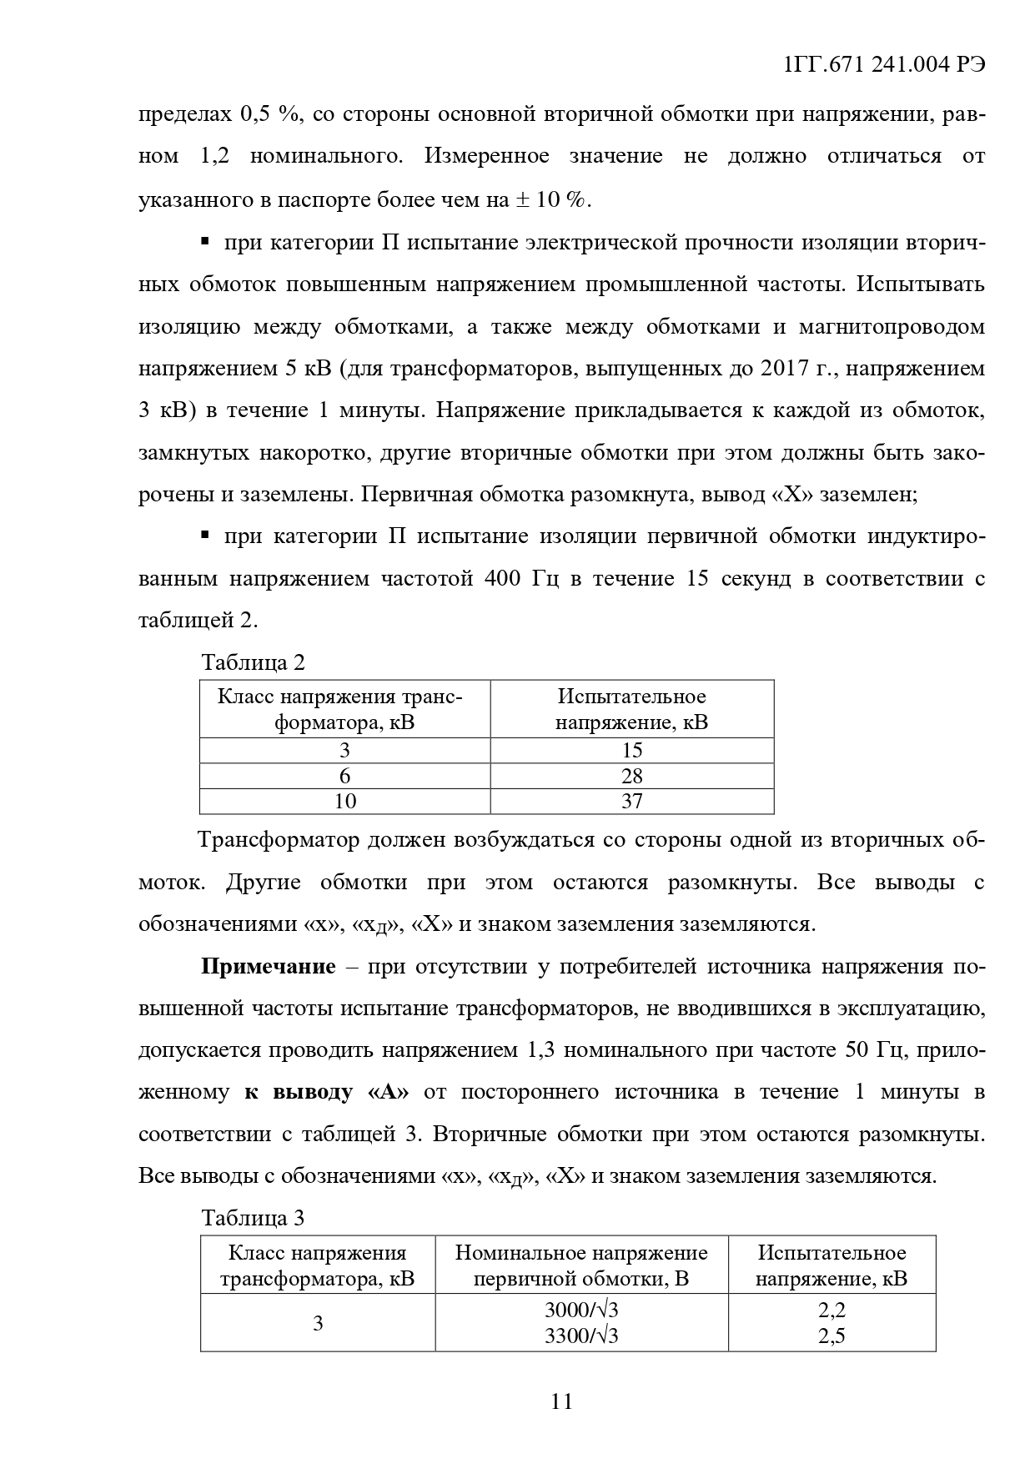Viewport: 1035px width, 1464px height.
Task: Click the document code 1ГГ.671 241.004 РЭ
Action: [885, 66]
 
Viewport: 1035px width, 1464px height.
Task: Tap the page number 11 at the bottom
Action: [562, 1401]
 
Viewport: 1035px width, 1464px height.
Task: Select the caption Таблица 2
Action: [254, 662]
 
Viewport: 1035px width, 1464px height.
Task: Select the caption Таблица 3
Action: [254, 1218]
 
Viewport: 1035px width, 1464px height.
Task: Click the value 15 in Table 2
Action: [632, 750]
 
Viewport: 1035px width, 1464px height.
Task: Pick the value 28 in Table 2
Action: [632, 776]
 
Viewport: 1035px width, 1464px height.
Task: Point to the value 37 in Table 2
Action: [632, 801]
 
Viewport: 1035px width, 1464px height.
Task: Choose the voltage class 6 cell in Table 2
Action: [344, 776]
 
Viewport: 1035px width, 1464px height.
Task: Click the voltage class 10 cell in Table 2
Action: [344, 801]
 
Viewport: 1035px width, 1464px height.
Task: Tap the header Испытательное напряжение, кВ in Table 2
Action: [632, 709]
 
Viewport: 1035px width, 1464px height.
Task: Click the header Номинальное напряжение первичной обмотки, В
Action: [581, 1265]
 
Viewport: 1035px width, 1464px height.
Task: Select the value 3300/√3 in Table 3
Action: [581, 1336]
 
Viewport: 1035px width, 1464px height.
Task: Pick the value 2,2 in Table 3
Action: [832, 1311]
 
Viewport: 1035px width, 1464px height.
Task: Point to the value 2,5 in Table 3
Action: [832, 1336]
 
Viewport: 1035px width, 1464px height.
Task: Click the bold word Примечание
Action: [269, 967]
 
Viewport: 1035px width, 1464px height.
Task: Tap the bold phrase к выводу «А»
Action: [326, 1092]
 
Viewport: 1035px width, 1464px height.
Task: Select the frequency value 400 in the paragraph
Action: [503, 578]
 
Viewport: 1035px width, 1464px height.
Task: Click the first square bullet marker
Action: [204, 242]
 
